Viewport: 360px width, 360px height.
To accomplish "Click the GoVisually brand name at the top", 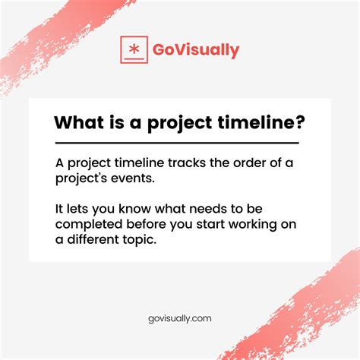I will click(196, 51).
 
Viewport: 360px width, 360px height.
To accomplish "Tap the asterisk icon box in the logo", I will click(134, 49).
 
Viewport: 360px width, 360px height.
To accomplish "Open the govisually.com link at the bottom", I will click(180, 320).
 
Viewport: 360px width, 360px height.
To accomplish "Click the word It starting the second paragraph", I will click(60, 207).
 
